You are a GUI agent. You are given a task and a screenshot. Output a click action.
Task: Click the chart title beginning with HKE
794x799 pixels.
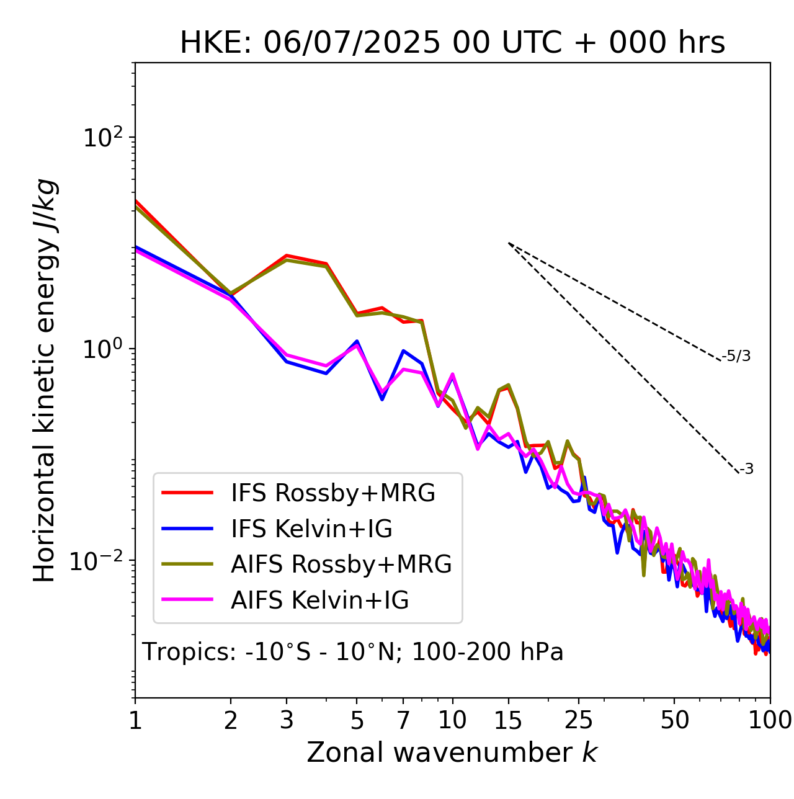(452, 43)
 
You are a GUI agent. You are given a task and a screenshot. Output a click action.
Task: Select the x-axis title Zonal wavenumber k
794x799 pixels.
(452, 752)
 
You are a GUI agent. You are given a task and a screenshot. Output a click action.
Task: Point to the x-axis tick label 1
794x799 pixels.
(135, 720)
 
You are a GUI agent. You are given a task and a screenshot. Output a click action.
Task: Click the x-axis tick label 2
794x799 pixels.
(231, 720)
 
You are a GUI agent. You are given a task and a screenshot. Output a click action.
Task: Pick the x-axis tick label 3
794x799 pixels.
(287, 720)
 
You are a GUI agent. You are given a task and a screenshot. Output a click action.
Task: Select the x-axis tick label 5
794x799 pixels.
(357, 720)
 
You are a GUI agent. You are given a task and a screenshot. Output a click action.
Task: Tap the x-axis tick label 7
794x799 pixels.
(403, 720)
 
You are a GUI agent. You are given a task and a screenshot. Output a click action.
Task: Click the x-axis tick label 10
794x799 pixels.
(452, 720)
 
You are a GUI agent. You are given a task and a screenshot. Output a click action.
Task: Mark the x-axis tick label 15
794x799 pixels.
(508, 720)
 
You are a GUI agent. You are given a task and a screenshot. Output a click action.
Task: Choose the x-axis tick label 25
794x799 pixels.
(579, 720)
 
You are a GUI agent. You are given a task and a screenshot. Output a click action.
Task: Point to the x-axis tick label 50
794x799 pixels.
(674, 720)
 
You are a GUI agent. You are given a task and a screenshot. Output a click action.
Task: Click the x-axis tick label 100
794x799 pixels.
(769, 720)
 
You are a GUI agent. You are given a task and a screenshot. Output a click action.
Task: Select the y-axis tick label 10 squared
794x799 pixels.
(101, 137)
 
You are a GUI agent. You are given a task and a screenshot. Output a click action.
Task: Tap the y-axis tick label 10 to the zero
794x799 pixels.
(101, 349)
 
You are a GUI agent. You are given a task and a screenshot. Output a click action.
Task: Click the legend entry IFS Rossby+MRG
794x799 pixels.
(332, 493)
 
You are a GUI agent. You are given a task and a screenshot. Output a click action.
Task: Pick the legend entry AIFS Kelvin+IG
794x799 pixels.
(319, 600)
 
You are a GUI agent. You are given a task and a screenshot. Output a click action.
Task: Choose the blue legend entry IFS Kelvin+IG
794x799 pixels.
(311, 529)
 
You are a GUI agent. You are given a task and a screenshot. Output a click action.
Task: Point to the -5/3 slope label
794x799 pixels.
(736, 356)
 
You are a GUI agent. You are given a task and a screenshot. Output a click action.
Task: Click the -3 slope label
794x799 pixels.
(746, 470)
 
